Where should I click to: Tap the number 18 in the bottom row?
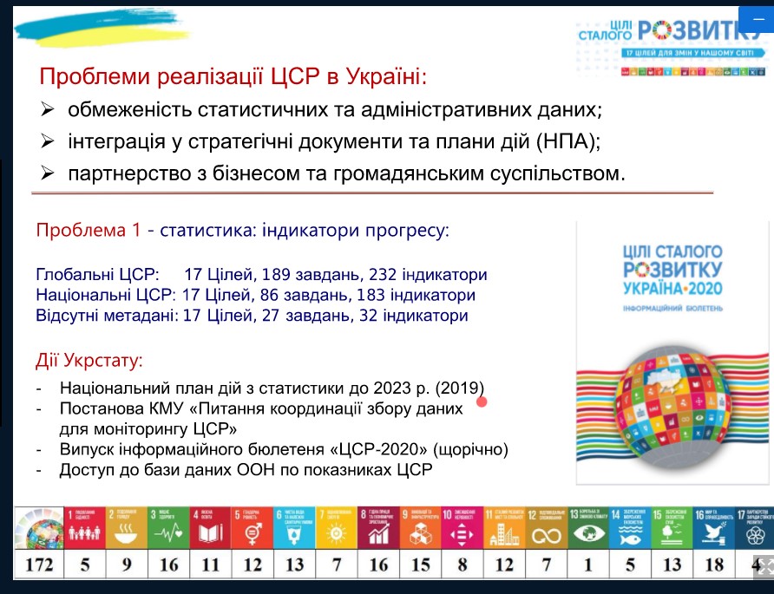click(x=712, y=565)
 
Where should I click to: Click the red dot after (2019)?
click(x=482, y=401)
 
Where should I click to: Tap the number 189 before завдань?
click(x=277, y=275)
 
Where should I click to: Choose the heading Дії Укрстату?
click(x=89, y=360)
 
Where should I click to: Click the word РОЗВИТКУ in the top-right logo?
click(x=694, y=31)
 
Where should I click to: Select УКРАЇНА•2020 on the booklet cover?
click(x=672, y=287)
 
